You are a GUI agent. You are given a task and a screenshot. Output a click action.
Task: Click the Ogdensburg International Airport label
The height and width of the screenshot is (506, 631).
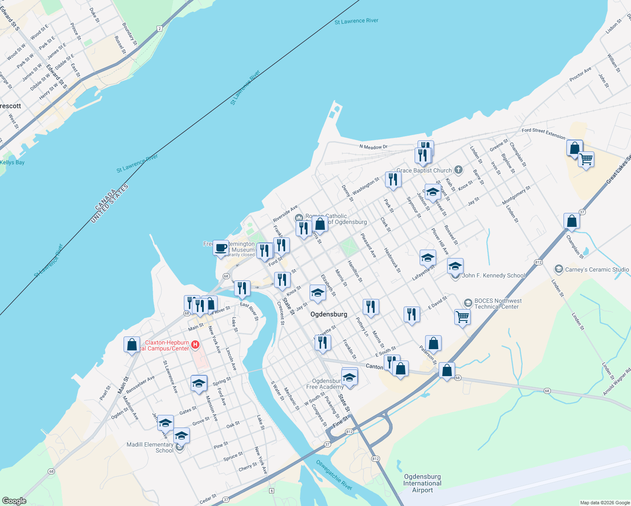point(422,483)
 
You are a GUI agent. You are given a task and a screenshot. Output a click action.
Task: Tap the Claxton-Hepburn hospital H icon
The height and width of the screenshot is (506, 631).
point(195,345)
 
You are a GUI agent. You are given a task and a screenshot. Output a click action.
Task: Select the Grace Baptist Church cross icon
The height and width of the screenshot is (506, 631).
point(458,170)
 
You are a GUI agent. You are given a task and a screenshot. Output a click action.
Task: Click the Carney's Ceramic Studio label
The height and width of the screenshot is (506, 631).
point(597,269)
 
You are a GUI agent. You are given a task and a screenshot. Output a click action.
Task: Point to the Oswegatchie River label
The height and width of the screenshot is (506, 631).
point(334,475)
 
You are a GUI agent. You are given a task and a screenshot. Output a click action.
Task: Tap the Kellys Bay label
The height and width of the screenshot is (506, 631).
point(12,162)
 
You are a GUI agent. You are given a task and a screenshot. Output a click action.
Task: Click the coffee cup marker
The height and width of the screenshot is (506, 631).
point(221,248)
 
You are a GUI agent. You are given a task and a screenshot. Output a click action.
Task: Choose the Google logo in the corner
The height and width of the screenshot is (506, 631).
point(14,501)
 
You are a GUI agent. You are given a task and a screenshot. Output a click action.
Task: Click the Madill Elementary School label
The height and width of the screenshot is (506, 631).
point(150,447)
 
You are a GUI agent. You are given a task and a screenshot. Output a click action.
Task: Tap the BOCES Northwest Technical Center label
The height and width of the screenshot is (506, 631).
point(498,304)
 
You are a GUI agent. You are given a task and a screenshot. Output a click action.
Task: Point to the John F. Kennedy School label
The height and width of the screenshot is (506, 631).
point(493,275)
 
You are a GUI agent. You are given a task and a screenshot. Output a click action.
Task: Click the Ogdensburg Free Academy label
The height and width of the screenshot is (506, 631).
point(325,384)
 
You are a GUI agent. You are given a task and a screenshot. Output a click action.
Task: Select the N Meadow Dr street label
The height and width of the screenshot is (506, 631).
point(373,147)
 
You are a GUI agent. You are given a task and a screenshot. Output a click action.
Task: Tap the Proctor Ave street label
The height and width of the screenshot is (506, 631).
point(580,75)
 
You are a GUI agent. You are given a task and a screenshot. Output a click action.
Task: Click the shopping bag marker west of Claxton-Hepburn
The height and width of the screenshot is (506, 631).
point(132,345)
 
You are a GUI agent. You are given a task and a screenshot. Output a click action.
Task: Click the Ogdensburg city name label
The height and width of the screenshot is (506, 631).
point(329,314)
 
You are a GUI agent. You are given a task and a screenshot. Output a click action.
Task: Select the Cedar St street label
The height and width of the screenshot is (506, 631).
point(208,499)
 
